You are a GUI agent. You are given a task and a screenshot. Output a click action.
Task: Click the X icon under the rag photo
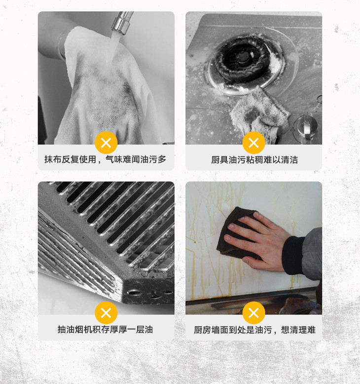coord(106,143)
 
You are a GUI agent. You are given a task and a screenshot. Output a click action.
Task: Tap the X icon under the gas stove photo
coord(253,143)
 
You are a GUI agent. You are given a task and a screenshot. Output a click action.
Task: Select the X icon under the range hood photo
coord(106,313)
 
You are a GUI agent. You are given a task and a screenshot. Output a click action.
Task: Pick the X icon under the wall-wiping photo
coord(253,313)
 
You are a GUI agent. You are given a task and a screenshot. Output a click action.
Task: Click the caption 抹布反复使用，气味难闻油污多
coord(106,159)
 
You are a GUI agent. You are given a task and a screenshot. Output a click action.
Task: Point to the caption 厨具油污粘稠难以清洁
coord(254,160)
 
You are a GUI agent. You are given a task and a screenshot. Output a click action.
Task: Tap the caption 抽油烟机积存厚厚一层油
coord(106,329)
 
